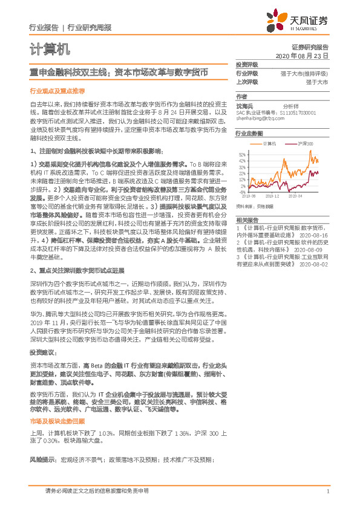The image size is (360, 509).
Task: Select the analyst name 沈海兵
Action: pyautogui.click(x=245, y=105)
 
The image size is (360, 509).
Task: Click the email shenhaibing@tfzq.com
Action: pyautogui.click(x=257, y=118)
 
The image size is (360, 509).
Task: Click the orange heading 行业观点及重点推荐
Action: pyautogui.click(x=57, y=90)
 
